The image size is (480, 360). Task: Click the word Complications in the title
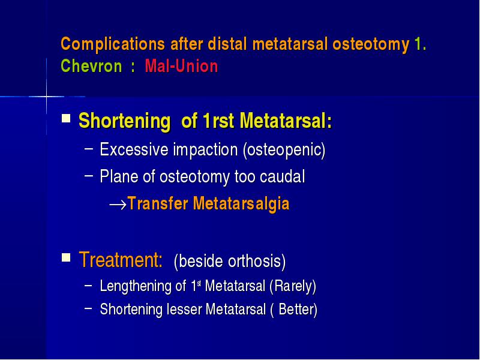point(113,44)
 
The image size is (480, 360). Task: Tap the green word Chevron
point(91,66)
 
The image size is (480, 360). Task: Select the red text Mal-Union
point(182,66)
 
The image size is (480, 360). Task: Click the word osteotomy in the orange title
point(371,44)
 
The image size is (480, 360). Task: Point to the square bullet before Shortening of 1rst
point(66,118)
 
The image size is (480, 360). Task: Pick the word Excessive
point(134,149)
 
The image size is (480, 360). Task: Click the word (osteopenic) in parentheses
point(284,150)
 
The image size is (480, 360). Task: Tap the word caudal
point(282,176)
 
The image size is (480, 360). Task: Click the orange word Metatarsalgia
point(241,203)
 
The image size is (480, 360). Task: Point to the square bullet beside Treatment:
point(66,257)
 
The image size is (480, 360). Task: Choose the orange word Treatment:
point(121,260)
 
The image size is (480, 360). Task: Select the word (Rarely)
point(293,286)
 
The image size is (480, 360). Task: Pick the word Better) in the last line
point(298,309)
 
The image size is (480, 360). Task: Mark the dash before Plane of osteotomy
point(88,176)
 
